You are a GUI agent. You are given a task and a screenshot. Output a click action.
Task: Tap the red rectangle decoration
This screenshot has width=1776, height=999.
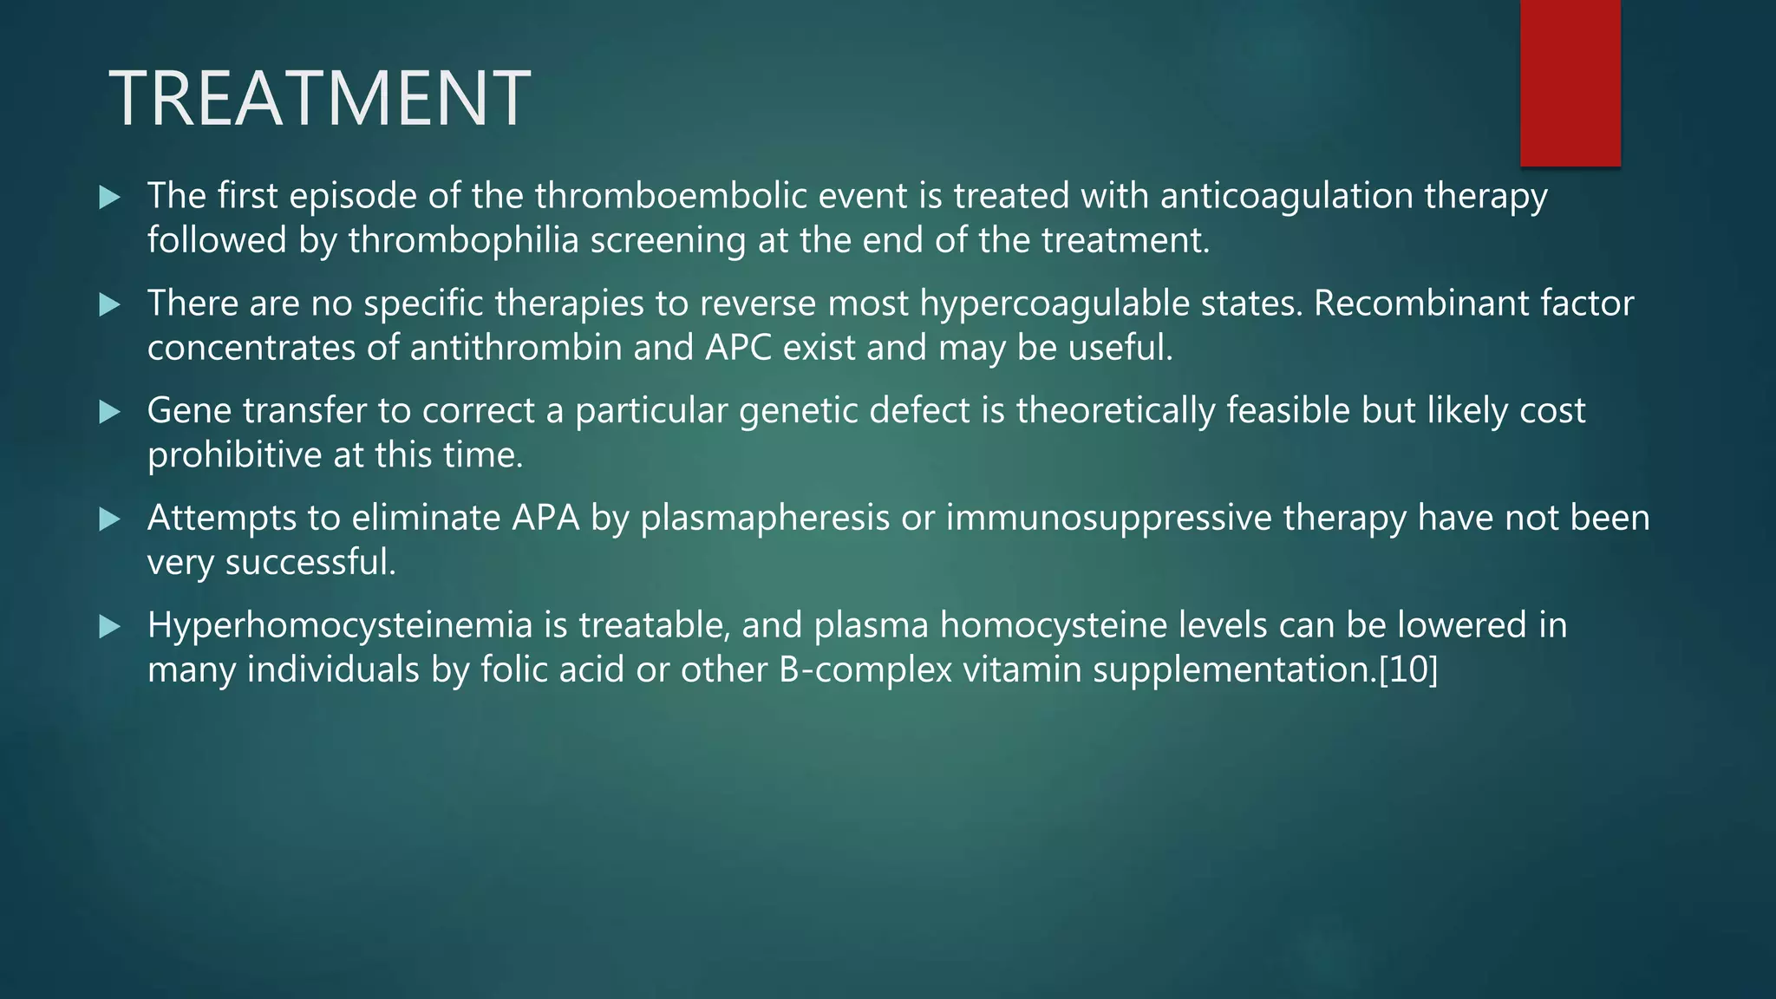click(1570, 82)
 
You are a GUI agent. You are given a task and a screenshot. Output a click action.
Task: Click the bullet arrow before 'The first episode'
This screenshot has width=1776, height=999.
click(109, 197)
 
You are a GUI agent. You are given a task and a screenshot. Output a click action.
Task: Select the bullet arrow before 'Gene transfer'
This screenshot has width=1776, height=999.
click(109, 412)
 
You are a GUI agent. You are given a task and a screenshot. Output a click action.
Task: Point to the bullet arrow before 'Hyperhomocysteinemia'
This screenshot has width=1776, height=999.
click(109, 626)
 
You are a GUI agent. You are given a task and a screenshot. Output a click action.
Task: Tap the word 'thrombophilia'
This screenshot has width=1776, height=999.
click(463, 240)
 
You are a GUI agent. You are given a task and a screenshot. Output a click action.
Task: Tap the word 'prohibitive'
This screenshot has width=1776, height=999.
click(234, 455)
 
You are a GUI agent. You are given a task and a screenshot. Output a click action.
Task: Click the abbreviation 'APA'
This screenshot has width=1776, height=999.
click(545, 518)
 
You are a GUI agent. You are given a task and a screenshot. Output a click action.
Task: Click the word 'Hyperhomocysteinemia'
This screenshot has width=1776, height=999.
click(340, 625)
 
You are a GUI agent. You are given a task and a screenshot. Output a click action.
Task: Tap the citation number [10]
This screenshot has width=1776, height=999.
click(1408, 669)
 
